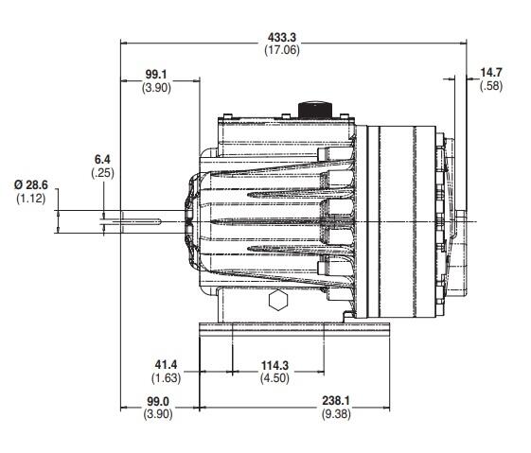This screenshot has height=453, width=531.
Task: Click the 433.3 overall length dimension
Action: (x=276, y=36)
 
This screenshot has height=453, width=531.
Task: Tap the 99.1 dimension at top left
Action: (x=155, y=74)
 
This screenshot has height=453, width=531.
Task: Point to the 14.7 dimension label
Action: (x=490, y=73)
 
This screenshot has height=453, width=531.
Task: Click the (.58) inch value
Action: (x=490, y=86)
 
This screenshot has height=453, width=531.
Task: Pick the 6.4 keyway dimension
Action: (x=102, y=160)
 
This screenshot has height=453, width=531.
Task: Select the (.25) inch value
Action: (x=102, y=173)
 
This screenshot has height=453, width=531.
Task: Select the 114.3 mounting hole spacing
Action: (x=275, y=364)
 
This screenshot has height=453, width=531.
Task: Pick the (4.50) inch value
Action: (x=275, y=377)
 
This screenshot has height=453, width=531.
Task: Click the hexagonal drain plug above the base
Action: (x=276, y=302)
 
